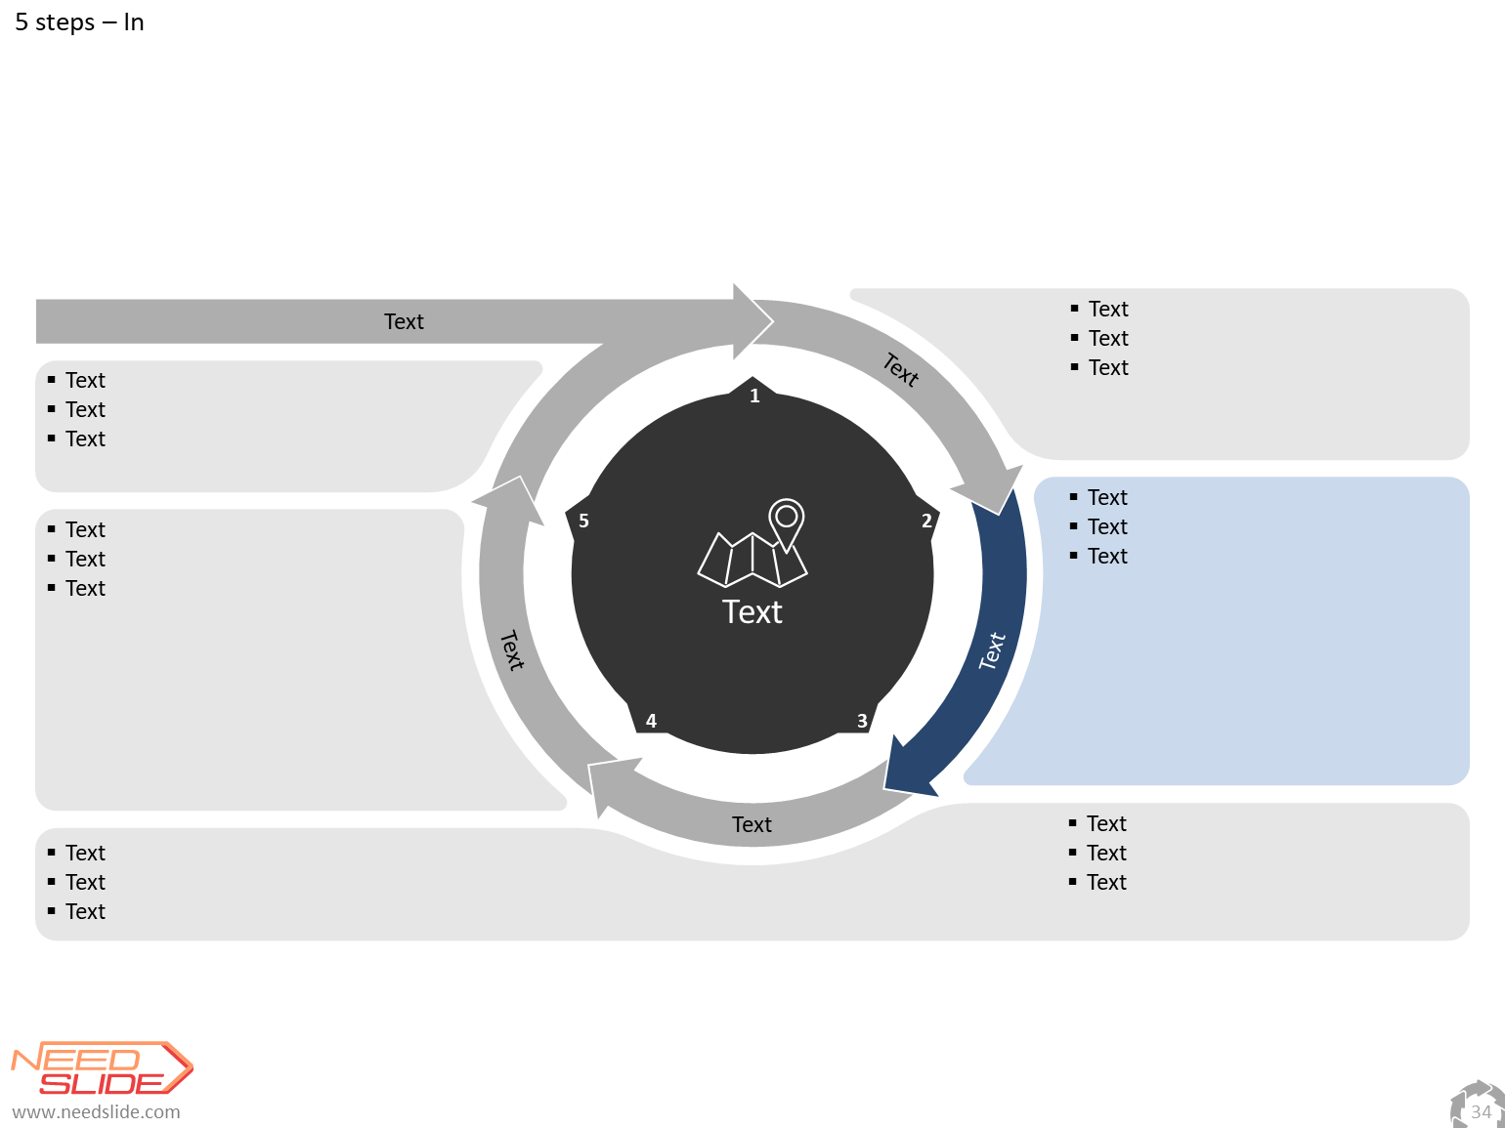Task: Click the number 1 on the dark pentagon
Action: (x=754, y=396)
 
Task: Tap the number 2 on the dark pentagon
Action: (x=926, y=522)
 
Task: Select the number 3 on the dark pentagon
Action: (x=862, y=721)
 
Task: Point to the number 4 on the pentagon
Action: (x=651, y=721)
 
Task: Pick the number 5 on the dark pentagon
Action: (x=583, y=522)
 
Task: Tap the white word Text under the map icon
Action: (x=752, y=611)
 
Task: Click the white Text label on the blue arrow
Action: (x=992, y=650)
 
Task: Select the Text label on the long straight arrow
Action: (x=404, y=322)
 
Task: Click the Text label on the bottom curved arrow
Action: (x=752, y=824)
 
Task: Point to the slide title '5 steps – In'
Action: (x=79, y=21)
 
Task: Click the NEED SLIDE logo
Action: (x=103, y=1068)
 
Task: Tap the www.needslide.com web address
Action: (x=96, y=1111)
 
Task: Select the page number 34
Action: (x=1481, y=1111)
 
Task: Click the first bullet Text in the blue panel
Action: (x=1107, y=497)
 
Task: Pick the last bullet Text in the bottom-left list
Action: (x=86, y=911)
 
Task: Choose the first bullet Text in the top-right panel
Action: (x=1108, y=309)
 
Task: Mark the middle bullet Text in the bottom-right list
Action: (x=1106, y=853)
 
